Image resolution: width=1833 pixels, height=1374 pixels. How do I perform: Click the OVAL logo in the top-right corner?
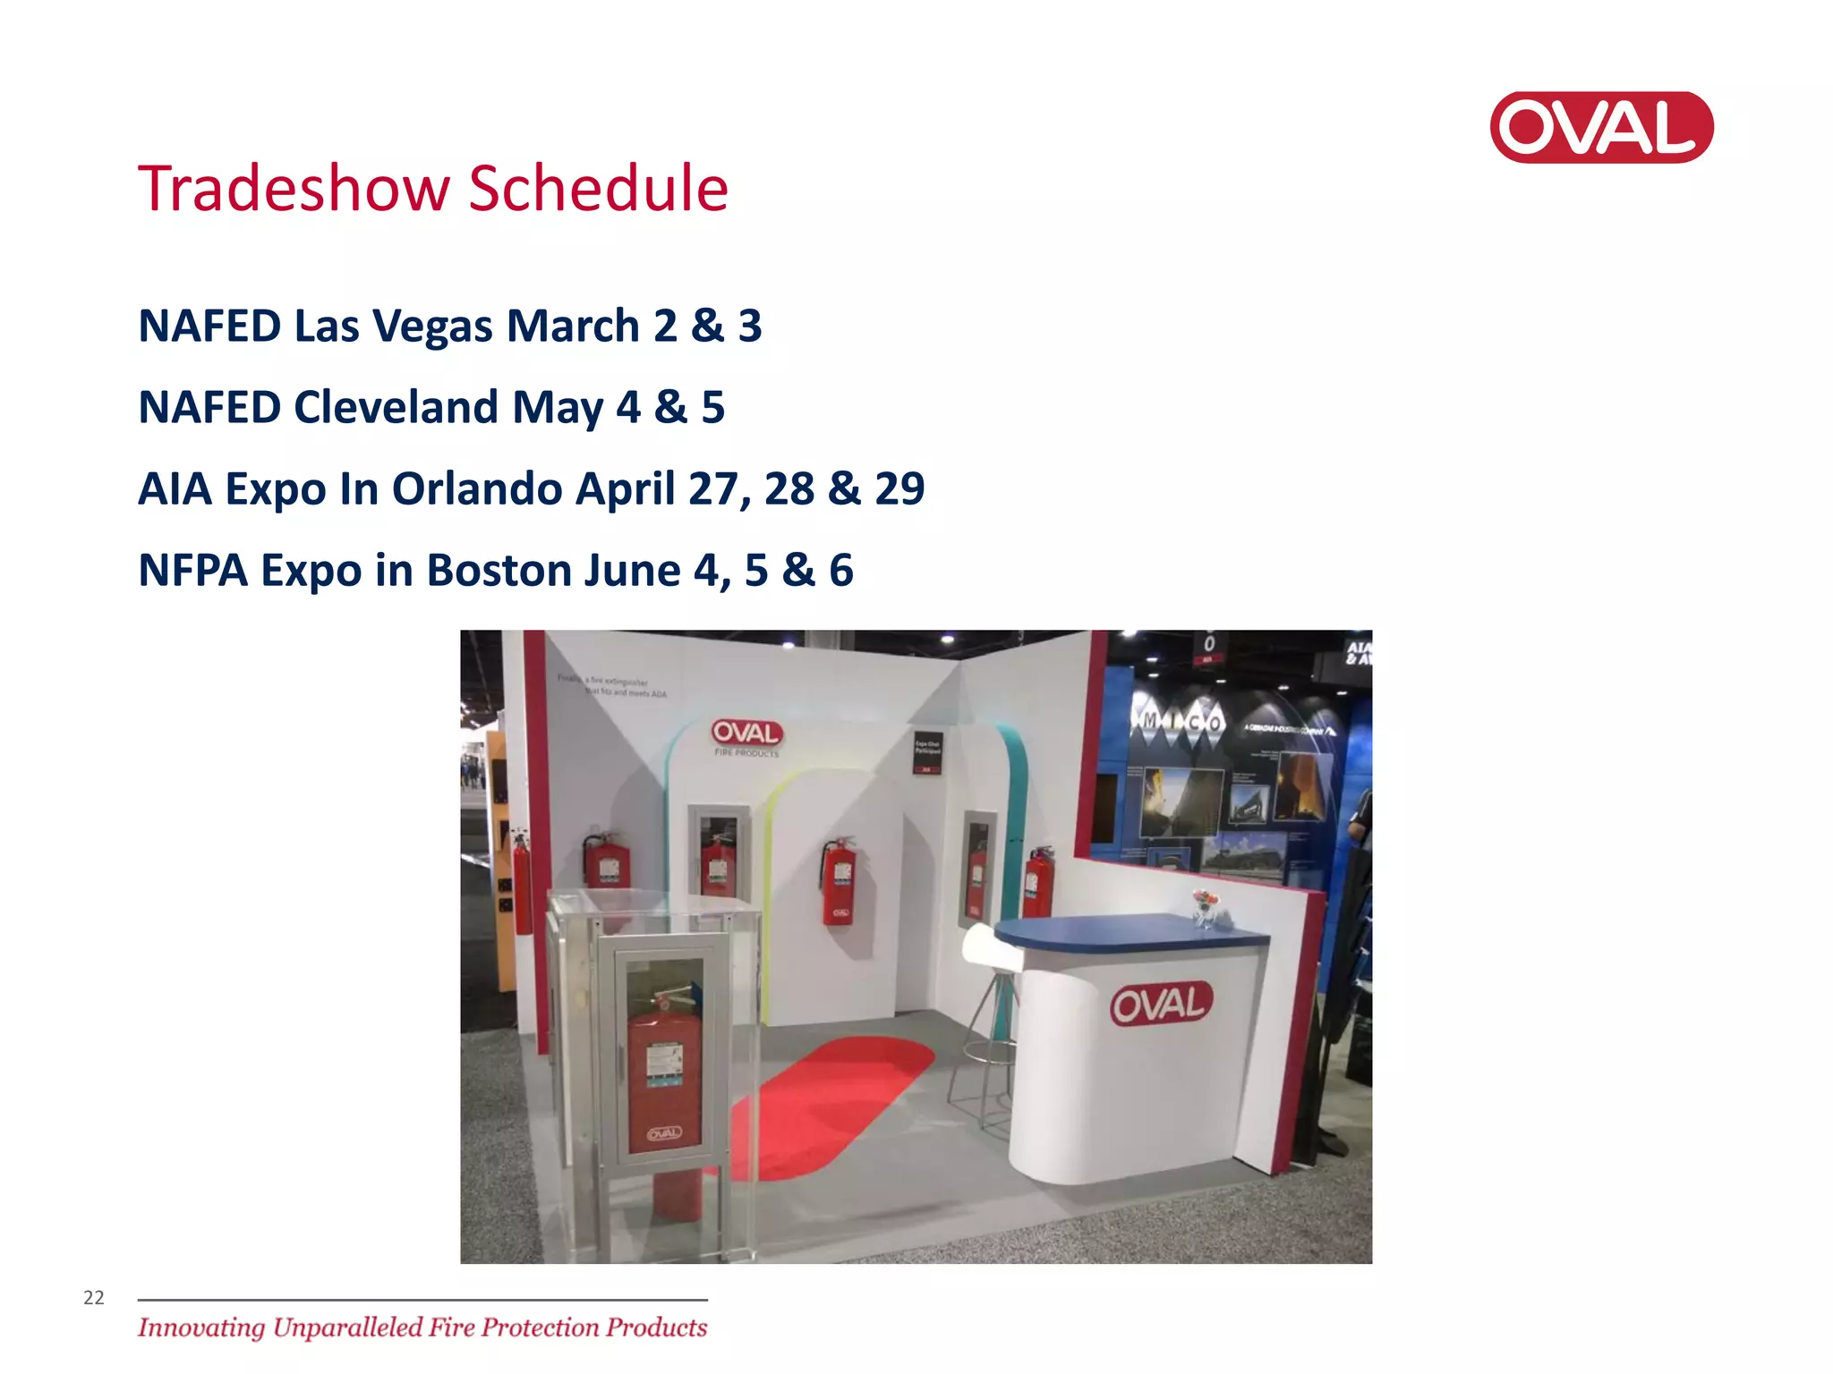(x=1601, y=127)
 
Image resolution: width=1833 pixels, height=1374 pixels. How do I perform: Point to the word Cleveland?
(x=396, y=408)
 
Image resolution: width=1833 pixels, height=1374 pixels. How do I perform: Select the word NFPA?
(x=192, y=571)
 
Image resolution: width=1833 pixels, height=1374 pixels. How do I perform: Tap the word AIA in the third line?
(x=175, y=489)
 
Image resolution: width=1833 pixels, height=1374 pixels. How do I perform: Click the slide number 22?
(x=94, y=1298)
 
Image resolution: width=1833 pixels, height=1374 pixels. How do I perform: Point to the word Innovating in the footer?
(x=201, y=1327)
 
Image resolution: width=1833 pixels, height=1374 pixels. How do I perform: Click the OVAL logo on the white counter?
(x=1161, y=1004)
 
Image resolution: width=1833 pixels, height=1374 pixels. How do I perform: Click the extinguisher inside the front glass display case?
(x=663, y=1073)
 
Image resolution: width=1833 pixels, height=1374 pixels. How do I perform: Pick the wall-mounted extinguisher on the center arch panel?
(x=840, y=881)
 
